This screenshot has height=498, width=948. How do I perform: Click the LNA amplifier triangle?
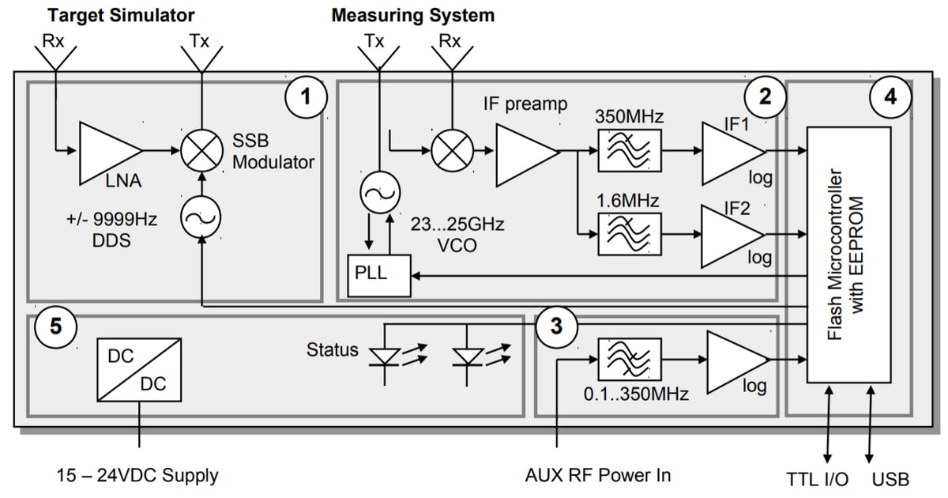(107, 151)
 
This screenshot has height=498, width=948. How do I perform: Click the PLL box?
(380, 276)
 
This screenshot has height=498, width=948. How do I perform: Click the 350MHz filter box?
(630, 150)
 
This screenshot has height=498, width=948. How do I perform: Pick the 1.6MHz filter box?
(630, 234)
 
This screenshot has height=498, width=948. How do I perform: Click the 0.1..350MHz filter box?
(630, 360)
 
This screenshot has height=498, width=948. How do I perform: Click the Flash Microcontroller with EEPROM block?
(848, 255)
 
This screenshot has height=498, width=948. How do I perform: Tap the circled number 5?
(55, 326)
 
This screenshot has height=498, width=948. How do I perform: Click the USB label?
(890, 478)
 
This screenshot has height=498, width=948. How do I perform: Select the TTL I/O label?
(817, 478)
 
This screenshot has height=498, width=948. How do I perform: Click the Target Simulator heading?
(121, 15)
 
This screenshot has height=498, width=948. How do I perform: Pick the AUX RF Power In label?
(598, 475)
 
